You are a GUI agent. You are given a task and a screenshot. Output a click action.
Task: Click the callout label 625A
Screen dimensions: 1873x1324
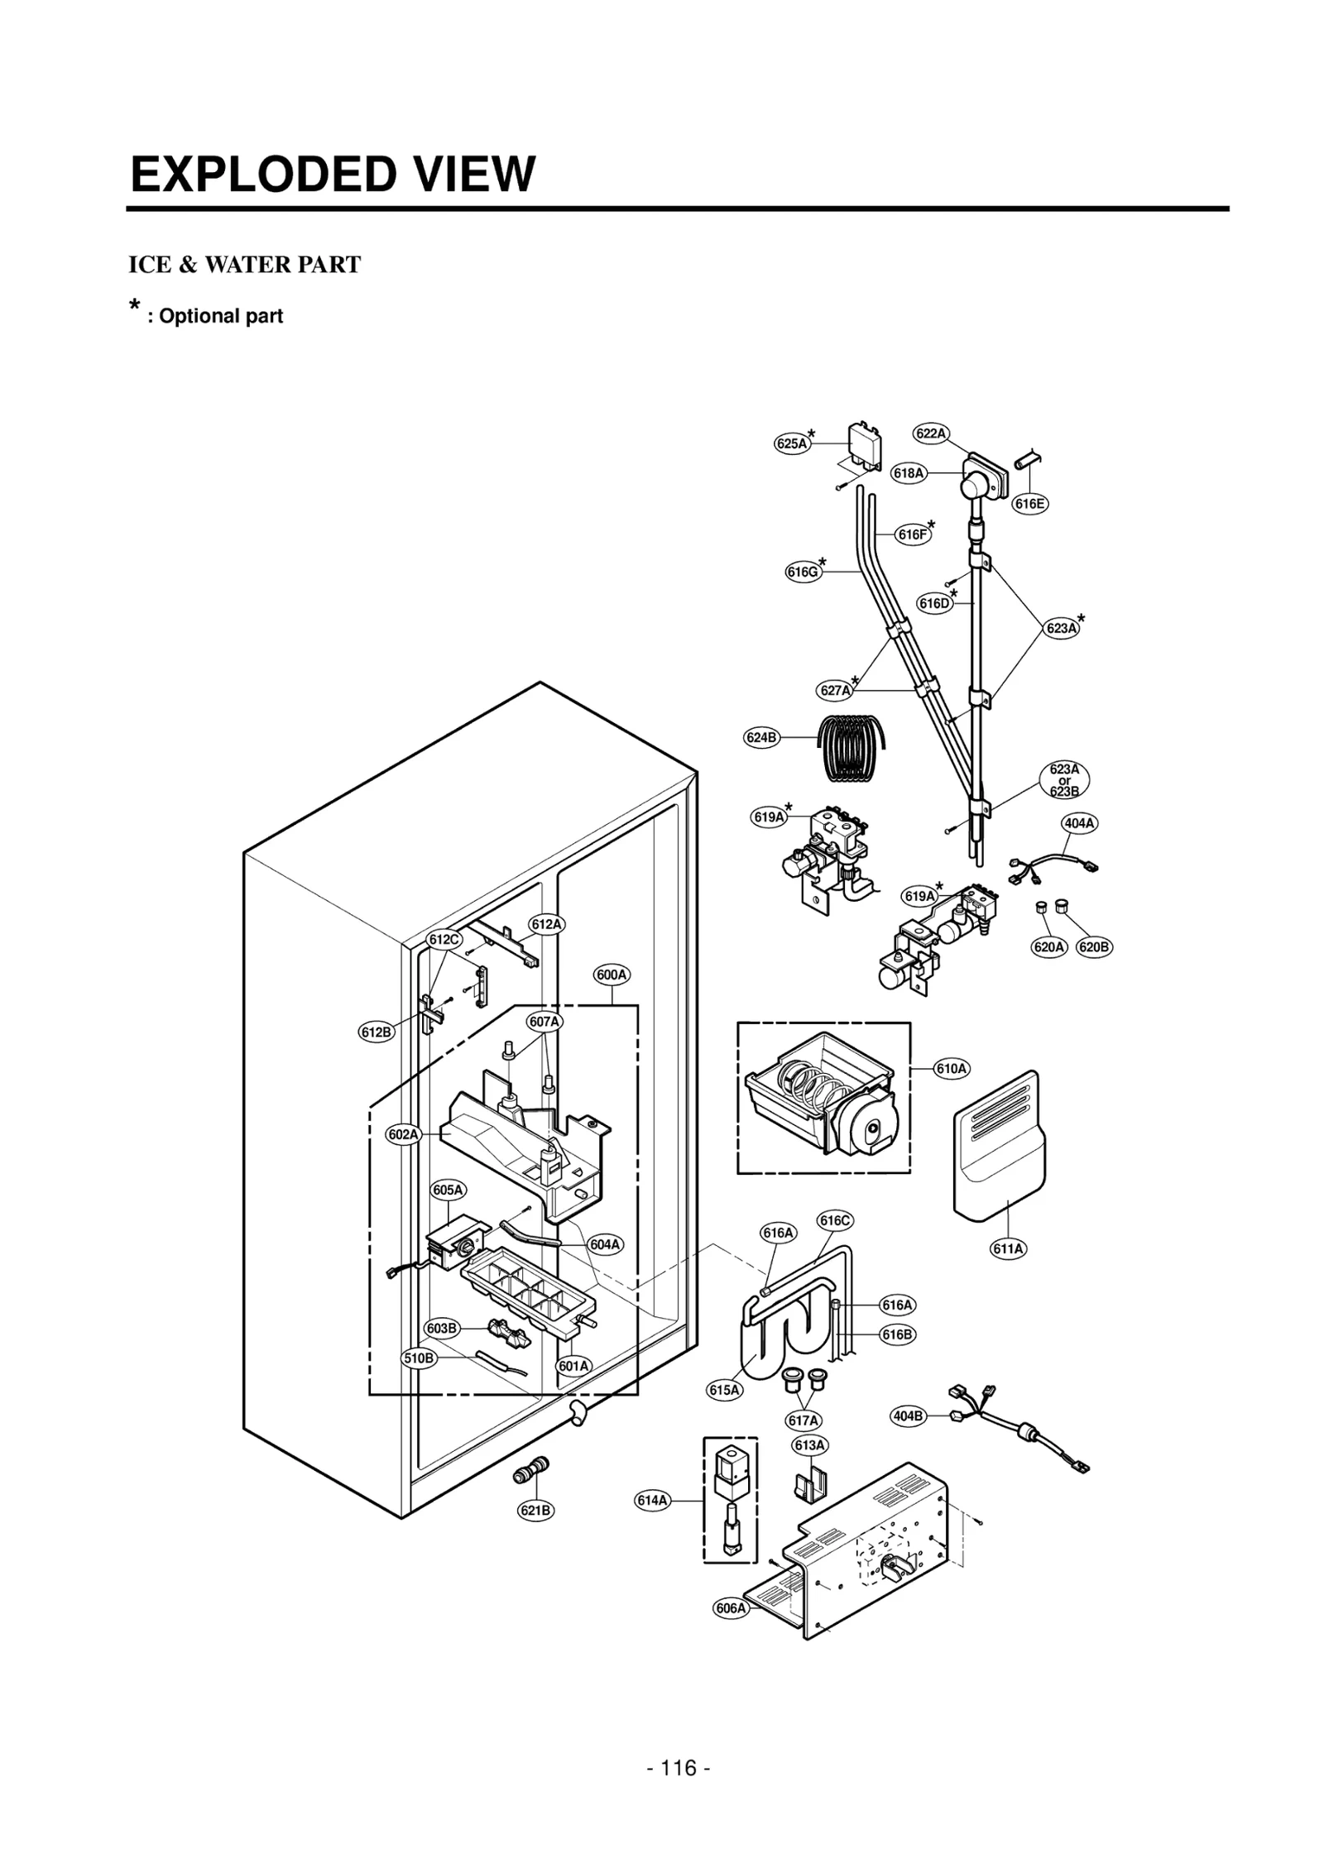pyautogui.click(x=791, y=443)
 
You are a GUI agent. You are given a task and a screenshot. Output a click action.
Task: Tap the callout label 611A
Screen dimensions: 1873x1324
pyautogui.click(x=1008, y=1248)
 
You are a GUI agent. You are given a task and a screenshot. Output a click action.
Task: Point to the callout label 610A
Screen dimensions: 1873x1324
pyautogui.click(x=951, y=1069)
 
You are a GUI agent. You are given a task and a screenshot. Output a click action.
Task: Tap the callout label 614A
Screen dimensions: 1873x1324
pyautogui.click(x=652, y=1500)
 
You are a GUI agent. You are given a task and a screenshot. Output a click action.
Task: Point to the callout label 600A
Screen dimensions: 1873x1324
pyautogui.click(x=612, y=975)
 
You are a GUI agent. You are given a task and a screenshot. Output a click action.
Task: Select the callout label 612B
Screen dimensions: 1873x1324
pyautogui.click(x=377, y=1032)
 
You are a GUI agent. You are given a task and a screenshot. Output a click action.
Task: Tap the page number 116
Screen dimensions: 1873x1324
pyautogui.click(x=678, y=1768)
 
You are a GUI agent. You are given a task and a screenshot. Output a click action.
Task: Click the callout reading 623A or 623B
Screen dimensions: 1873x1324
pyautogui.click(x=1064, y=780)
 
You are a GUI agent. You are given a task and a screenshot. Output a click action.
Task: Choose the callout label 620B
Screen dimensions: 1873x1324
pyautogui.click(x=1094, y=947)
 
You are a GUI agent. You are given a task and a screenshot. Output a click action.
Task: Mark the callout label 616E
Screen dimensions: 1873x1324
pyautogui.click(x=1030, y=503)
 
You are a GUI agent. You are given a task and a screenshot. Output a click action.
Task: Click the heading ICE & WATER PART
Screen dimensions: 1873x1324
pyautogui.click(x=244, y=265)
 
